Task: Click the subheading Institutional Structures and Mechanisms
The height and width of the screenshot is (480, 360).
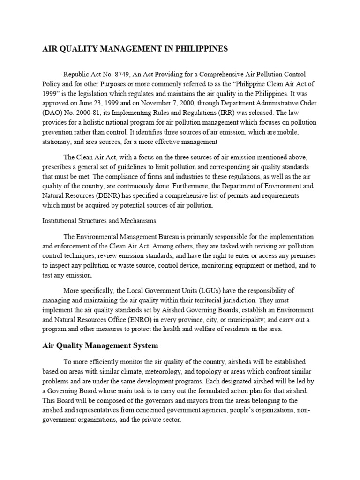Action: (x=99, y=220)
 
